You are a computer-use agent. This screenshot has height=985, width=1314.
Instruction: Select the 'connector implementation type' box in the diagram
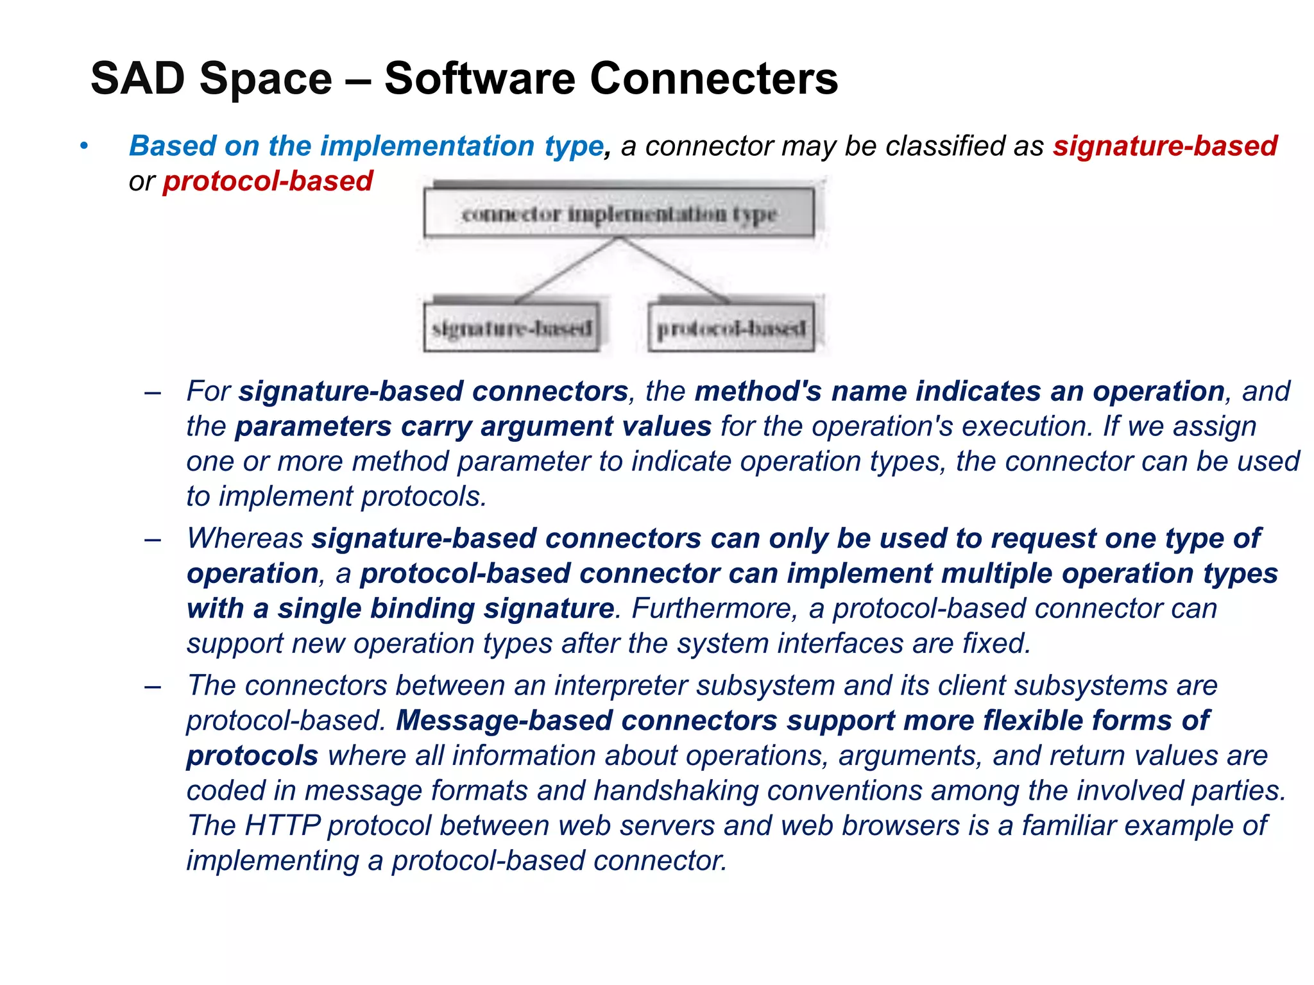click(x=619, y=214)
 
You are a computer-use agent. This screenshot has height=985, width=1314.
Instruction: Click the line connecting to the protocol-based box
click(x=674, y=270)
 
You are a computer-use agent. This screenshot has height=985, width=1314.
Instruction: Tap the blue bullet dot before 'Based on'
click(x=83, y=146)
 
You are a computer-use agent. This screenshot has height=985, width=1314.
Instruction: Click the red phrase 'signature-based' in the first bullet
click(x=1165, y=146)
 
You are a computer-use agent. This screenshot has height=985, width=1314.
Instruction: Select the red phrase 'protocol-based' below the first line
click(x=268, y=181)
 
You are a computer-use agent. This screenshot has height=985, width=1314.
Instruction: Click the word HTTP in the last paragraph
click(x=282, y=826)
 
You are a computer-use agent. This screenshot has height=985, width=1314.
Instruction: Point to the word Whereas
click(x=244, y=539)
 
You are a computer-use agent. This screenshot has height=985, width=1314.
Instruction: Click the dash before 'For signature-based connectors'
click(x=153, y=392)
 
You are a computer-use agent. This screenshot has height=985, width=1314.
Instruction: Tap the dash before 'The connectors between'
click(x=153, y=686)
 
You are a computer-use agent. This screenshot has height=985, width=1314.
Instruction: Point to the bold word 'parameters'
click(x=312, y=427)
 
